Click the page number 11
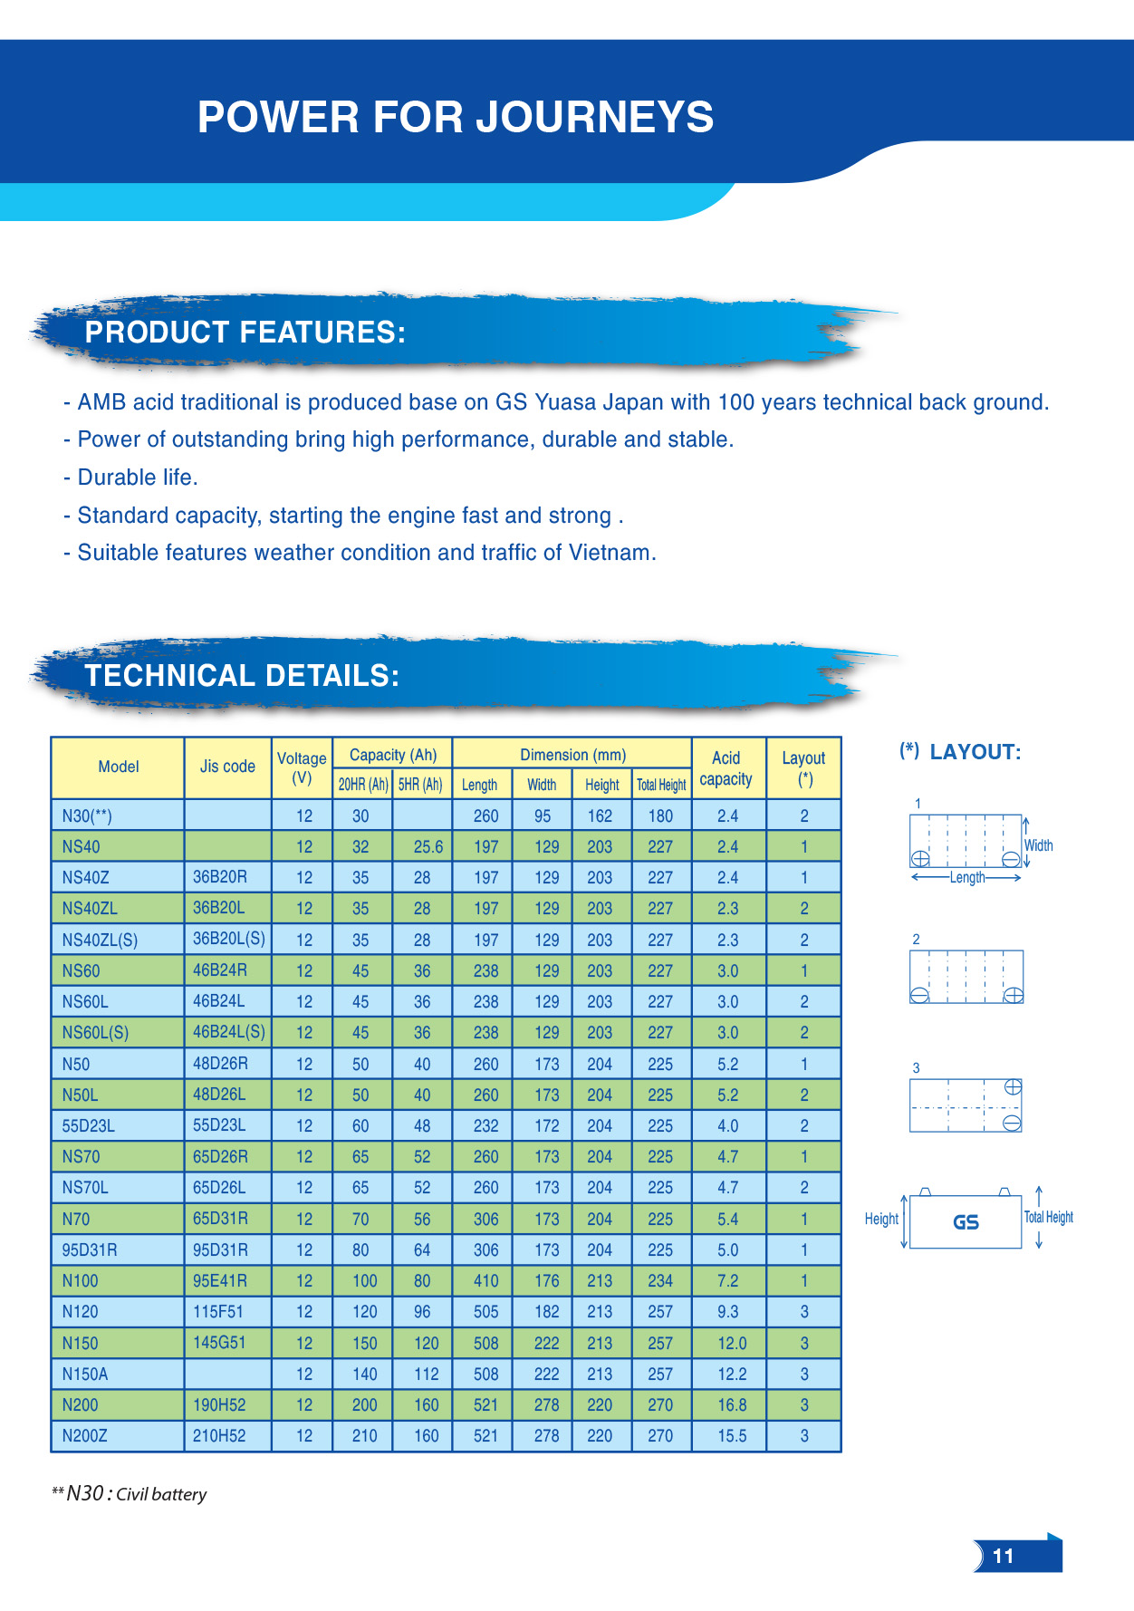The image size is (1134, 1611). point(1003,1556)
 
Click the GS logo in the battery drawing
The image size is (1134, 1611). point(966,1222)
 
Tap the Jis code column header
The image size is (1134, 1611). point(227,767)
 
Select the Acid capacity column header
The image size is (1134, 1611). point(726,768)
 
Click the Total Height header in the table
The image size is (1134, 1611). point(661,785)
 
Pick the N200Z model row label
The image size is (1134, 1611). point(85,1436)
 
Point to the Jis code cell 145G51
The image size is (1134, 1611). point(219,1342)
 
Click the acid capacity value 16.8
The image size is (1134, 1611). point(732,1404)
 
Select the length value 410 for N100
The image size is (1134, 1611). point(485,1281)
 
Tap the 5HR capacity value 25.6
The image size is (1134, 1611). point(428,847)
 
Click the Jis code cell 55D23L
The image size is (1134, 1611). point(219,1125)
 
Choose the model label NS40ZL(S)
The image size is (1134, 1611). point(100,940)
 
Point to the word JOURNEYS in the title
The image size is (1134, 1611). point(595,117)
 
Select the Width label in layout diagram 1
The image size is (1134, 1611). point(1038,845)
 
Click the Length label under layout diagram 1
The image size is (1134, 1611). point(966,878)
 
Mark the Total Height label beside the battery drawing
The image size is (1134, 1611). point(1049,1218)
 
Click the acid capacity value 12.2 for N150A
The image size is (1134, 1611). point(732,1374)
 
